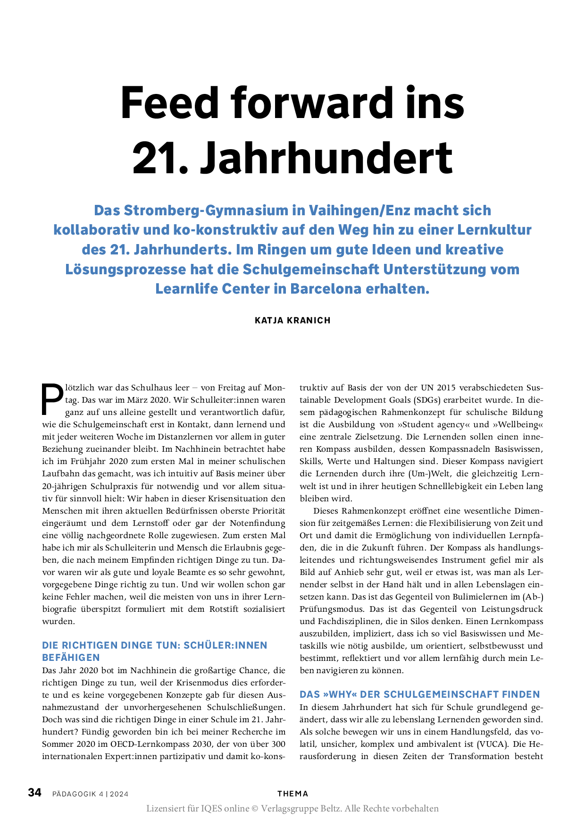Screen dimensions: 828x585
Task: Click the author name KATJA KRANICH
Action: (x=292, y=321)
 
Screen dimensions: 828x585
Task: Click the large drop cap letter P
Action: (x=52, y=399)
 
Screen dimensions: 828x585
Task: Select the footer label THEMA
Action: (x=292, y=794)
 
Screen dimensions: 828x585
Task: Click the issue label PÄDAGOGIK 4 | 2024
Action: (x=91, y=794)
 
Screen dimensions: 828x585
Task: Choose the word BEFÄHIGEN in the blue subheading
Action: (x=71, y=658)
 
